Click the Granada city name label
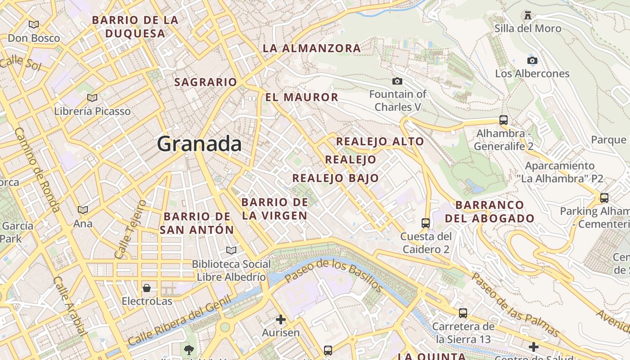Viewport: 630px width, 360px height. tap(199, 144)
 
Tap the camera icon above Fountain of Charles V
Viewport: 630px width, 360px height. tap(397, 81)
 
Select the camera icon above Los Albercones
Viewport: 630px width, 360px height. tap(532, 60)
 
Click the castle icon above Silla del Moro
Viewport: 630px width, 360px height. tap(528, 15)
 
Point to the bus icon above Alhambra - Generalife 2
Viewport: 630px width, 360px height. tap(504, 120)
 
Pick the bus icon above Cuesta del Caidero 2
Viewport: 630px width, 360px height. tap(425, 223)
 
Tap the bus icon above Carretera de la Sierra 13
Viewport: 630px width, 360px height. tap(463, 313)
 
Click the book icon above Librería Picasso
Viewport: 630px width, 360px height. tap(92, 98)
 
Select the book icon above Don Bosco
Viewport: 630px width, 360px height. tap(33, 24)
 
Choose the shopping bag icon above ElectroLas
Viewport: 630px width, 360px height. tap(147, 288)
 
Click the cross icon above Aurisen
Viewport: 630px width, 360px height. tap(281, 319)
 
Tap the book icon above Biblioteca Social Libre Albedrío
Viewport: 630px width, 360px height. tap(231, 250)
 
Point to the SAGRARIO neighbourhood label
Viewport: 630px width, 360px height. tap(205, 82)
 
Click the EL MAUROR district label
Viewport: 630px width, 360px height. tap(301, 97)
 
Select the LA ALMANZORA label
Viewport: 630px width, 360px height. tap(311, 48)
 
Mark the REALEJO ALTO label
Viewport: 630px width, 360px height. tap(380, 141)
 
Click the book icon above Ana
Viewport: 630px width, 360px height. tap(83, 210)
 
